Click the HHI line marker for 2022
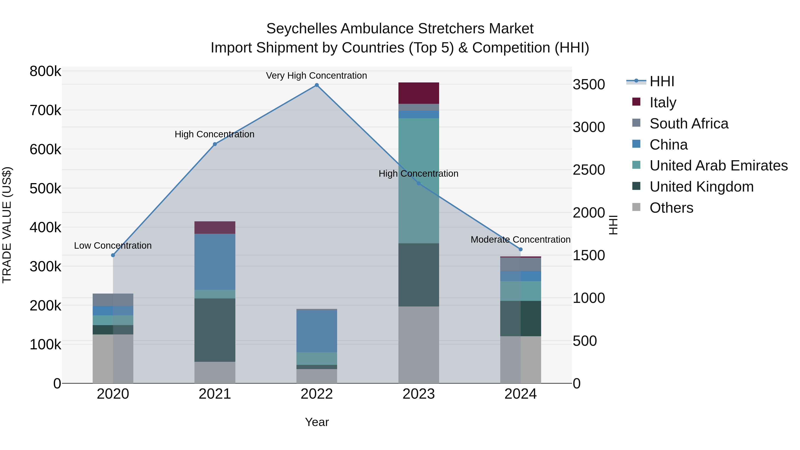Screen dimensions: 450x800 pos(317,85)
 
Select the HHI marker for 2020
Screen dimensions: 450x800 pos(113,255)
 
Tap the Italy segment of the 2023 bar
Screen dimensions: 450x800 pos(419,93)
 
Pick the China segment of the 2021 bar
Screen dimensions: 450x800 pos(215,262)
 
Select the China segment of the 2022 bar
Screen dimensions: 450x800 pos(317,331)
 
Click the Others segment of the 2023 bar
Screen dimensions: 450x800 pos(419,345)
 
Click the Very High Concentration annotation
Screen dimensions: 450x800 pos(316,76)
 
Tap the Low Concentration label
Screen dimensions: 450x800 pos(113,246)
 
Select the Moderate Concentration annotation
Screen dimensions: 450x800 pos(520,240)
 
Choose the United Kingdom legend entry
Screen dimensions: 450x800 pos(701,187)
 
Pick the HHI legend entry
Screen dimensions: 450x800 pos(662,81)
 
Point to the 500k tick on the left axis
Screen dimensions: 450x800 pos(45,188)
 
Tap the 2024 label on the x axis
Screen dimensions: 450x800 pos(520,394)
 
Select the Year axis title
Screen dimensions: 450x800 pos(317,422)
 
